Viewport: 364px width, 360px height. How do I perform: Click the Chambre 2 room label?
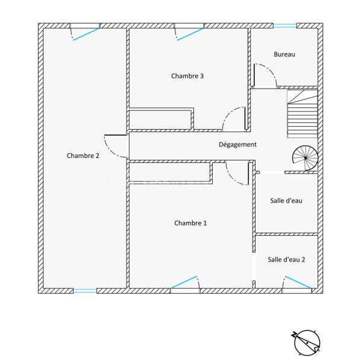pyautogui.click(x=83, y=156)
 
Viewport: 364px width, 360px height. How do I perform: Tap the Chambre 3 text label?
pyautogui.click(x=187, y=76)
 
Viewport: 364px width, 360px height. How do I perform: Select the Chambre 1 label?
pyautogui.click(x=190, y=223)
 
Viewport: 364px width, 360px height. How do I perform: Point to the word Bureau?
pyautogui.click(x=284, y=54)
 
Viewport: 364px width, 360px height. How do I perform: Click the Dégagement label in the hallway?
pyautogui.click(x=237, y=145)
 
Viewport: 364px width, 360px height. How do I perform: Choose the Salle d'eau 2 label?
pyautogui.click(x=286, y=259)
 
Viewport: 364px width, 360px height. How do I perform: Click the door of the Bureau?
pyautogui.click(x=264, y=76)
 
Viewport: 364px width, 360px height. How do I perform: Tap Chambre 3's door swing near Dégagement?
pyautogui.click(x=234, y=119)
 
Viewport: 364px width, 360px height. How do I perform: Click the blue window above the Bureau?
pyautogui.click(x=284, y=25)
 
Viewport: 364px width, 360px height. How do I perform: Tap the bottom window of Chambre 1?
pyautogui.click(x=185, y=283)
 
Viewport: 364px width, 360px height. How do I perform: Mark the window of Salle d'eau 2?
pyautogui.click(x=298, y=283)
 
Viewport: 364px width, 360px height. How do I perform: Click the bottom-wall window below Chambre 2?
pyautogui.click(x=84, y=291)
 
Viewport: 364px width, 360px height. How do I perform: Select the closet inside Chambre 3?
pyautogui.click(x=160, y=119)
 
